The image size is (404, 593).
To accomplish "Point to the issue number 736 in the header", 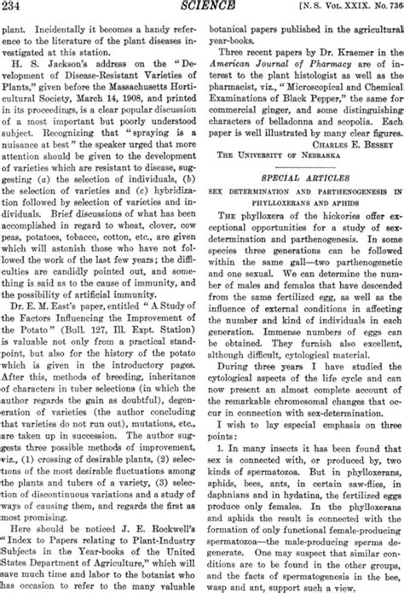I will point(388,8).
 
